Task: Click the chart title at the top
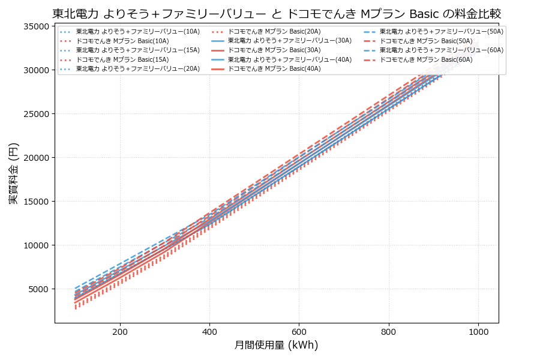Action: tap(277, 13)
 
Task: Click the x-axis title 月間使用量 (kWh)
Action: tap(277, 345)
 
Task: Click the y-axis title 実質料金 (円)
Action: tap(13, 173)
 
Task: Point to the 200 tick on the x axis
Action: tap(120, 331)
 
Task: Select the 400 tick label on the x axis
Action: tap(209, 331)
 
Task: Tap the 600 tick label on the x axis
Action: tap(299, 331)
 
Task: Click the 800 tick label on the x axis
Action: tap(388, 331)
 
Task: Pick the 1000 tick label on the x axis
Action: tap(478, 331)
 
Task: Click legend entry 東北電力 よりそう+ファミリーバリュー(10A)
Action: tap(130, 31)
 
